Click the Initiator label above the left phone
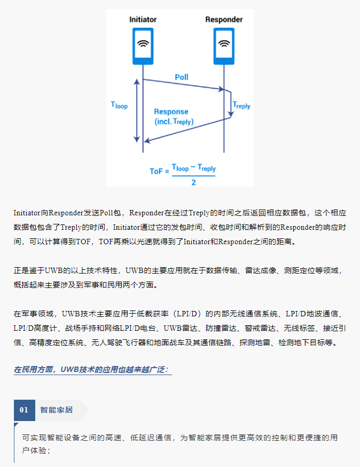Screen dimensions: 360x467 (143, 19)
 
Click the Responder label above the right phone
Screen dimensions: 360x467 (224, 19)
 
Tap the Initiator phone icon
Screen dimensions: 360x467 (143, 46)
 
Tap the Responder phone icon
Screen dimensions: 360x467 (224, 46)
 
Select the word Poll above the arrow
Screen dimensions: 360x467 (182, 77)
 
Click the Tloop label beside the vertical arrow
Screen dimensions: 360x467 (119, 105)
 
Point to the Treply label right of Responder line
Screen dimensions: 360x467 (241, 105)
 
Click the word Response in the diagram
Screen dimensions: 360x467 (171, 112)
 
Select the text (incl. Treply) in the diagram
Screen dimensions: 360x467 (174, 121)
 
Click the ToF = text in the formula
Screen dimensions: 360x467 (159, 172)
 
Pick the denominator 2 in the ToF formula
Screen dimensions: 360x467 (193, 182)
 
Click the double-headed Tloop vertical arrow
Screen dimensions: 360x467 (137, 111)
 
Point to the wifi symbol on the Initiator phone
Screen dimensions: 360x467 (143, 43)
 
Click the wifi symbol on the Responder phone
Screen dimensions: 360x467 (224, 43)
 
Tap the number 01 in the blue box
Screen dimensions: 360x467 (24, 410)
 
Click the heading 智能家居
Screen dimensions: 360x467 (57, 410)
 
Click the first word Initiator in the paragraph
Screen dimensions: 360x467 (27, 213)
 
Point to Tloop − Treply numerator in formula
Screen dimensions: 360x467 (193, 168)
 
